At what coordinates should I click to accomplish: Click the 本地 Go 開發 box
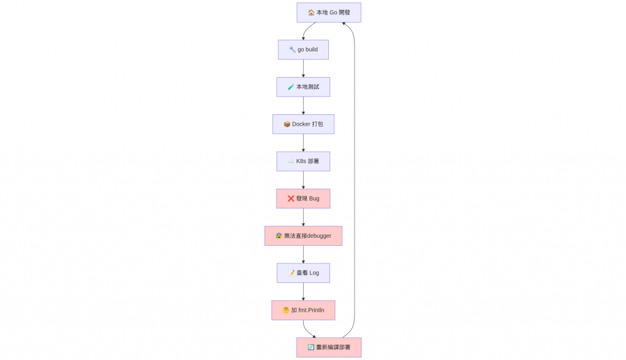tap(328, 12)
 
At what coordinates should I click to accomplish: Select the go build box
tap(303, 50)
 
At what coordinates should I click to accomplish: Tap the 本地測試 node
tap(303, 87)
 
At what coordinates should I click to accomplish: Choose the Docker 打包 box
tap(303, 124)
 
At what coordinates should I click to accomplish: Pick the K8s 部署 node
tap(303, 161)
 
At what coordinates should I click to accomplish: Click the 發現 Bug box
tap(303, 199)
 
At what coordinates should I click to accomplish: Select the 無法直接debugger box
tap(303, 236)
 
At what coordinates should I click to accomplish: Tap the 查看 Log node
tap(303, 273)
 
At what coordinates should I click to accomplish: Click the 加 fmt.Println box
tap(303, 310)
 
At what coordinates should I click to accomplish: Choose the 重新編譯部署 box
tap(329, 347)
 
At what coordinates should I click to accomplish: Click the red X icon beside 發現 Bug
tap(291, 199)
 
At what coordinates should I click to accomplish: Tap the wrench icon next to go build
tap(293, 50)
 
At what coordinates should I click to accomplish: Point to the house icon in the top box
tap(311, 12)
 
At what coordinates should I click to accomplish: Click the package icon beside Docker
tap(287, 124)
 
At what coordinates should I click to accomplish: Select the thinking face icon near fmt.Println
tap(286, 310)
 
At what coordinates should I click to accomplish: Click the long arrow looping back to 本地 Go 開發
tap(355, 180)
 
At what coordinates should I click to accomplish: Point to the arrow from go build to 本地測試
tap(303, 68)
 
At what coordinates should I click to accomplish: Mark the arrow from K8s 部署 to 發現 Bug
tap(303, 180)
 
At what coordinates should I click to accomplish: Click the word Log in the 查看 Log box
tap(314, 273)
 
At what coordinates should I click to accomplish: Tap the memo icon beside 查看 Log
tap(292, 273)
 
